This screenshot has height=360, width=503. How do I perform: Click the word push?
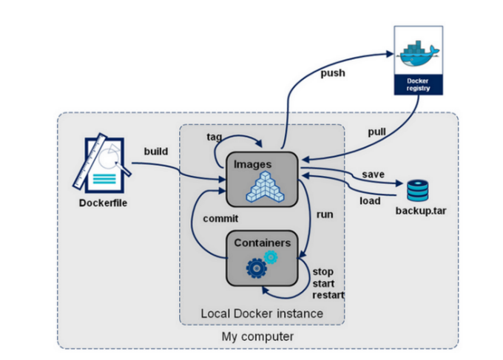pyautogui.click(x=334, y=73)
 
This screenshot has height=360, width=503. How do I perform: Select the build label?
pyautogui.click(x=155, y=152)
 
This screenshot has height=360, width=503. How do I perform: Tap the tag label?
pyautogui.click(x=215, y=137)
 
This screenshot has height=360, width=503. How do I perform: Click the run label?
pyautogui.click(x=324, y=214)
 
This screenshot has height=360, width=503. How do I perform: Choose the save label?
pyautogui.click(x=372, y=174)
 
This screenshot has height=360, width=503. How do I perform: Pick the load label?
pyautogui.click(x=370, y=200)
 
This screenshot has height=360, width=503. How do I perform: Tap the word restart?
pyautogui.click(x=328, y=294)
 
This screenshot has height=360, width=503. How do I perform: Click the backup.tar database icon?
pyautogui.click(x=417, y=191)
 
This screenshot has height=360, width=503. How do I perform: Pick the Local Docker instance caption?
pyautogui.click(x=262, y=313)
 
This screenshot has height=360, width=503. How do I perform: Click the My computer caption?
pyautogui.click(x=257, y=337)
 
